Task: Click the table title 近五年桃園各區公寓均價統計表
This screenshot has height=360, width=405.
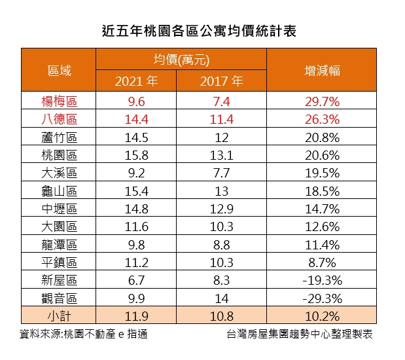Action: [x=200, y=30]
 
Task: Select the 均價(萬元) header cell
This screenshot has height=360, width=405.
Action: [x=181, y=60]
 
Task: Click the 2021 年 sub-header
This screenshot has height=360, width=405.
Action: [x=136, y=82]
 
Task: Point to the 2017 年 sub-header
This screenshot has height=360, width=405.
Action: [x=222, y=82]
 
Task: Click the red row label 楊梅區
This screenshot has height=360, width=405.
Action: [x=59, y=101]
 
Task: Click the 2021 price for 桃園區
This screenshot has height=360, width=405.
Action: [x=136, y=155]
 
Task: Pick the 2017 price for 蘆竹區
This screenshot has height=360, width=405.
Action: [x=222, y=137]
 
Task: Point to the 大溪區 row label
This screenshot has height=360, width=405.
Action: [x=59, y=173]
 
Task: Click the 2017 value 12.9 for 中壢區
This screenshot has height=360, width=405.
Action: [x=222, y=209]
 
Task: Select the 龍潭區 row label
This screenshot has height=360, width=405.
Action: [x=59, y=245]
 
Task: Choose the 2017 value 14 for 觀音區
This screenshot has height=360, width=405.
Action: [x=222, y=298]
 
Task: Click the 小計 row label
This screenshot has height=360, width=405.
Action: [x=59, y=316]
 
